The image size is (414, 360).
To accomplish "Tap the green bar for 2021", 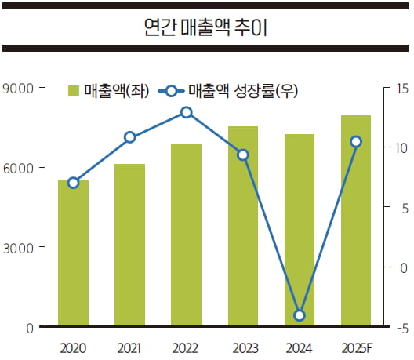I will [129, 245].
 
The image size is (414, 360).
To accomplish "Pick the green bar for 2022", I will [187, 235].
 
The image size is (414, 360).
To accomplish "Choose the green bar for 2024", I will [300, 231].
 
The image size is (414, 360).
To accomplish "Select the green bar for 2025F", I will [356, 221].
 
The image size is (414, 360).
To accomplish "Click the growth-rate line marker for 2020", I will [73, 183].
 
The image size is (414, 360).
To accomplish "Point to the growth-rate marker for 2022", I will [187, 112].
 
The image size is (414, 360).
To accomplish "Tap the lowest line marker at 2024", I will [300, 316].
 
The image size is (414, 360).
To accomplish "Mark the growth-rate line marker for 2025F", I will [356, 141].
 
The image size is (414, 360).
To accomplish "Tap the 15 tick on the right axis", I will [401, 88].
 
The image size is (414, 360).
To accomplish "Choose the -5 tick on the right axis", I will [401, 328].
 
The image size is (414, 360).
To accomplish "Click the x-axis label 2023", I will [243, 346].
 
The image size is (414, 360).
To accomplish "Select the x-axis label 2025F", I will [356, 346].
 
